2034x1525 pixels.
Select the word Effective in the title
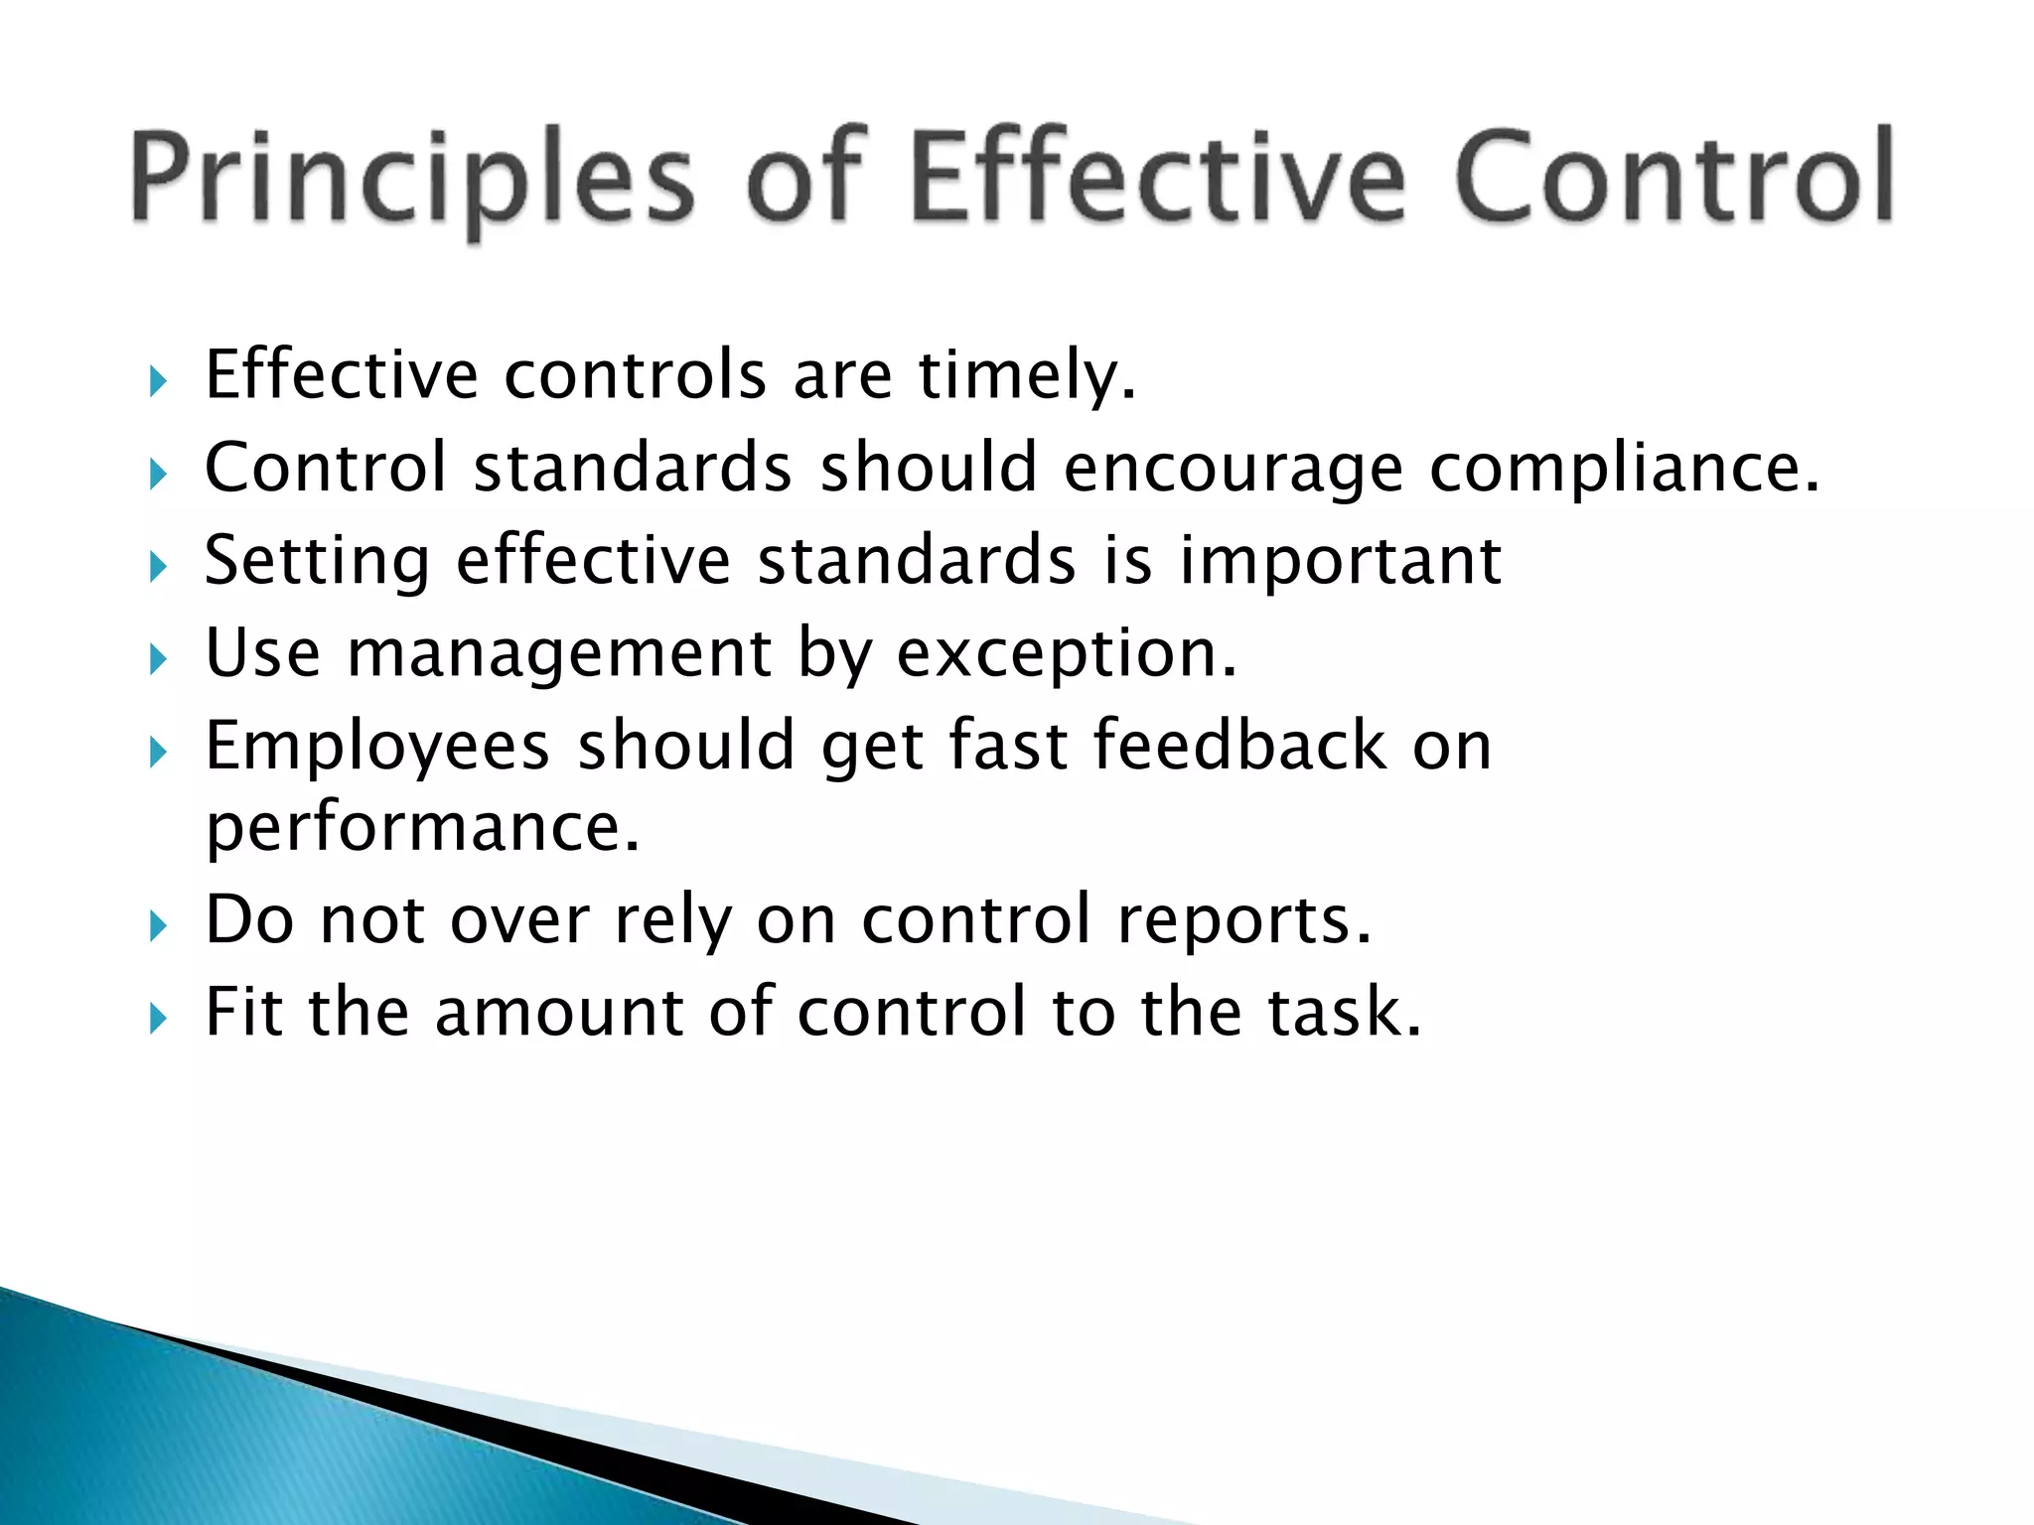pyautogui.click(x=1157, y=177)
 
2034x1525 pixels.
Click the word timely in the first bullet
pyautogui.click(x=1026, y=377)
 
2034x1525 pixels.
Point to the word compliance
pyautogui.click(x=1624, y=470)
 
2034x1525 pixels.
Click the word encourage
pyautogui.click(x=1233, y=470)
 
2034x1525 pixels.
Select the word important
pyautogui.click(x=1340, y=562)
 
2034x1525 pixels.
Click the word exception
pyautogui.click(x=1067, y=655)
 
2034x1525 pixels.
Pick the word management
pyautogui.click(x=558, y=655)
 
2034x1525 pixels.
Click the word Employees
pyautogui.click(x=377, y=748)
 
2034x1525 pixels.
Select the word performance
pyautogui.click(x=423, y=828)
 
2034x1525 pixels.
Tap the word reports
pyautogui.click(x=1243, y=921)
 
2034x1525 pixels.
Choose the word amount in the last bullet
pyautogui.click(x=559, y=1013)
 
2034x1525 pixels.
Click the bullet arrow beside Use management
pyautogui.click(x=158, y=659)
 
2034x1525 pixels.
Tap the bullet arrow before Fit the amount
pyautogui.click(x=158, y=1018)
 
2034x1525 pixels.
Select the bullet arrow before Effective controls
pyautogui.click(x=158, y=381)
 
